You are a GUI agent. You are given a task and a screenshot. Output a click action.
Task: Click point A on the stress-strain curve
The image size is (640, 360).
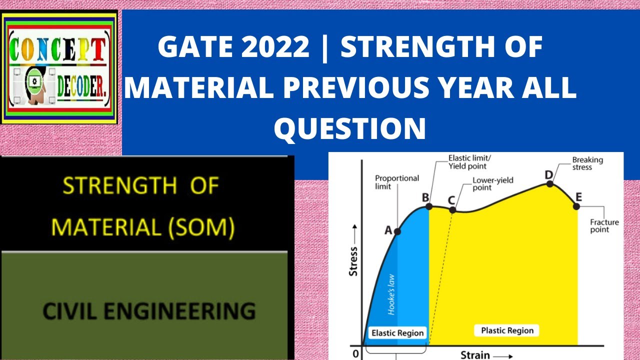point(397,231)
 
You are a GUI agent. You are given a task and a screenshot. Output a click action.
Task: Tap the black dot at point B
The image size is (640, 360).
point(429,206)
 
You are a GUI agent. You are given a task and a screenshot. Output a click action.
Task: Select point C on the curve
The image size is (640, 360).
point(452,209)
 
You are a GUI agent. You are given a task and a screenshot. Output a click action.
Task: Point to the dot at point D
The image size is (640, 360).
point(550,183)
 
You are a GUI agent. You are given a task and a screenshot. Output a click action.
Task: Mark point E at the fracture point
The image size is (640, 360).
point(576,206)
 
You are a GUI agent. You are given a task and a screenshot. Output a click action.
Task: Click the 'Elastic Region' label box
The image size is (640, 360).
point(397,333)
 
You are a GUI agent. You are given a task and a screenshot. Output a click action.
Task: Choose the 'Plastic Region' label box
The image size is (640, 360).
point(507,330)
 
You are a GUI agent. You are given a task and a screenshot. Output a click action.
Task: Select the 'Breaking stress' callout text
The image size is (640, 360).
point(587,163)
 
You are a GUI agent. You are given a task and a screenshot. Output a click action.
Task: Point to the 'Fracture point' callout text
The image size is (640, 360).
point(604,226)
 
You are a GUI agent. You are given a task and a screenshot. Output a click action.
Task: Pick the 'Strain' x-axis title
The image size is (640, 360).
point(475,354)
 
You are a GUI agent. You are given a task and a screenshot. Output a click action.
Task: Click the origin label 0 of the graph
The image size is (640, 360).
point(355,354)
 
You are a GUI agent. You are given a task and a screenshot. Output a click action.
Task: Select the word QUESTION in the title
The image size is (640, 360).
point(349,128)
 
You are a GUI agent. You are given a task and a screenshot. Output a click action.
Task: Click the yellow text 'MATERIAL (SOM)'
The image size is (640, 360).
point(143,227)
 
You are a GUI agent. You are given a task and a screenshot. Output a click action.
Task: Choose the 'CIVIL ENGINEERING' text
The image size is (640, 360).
point(149,310)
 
